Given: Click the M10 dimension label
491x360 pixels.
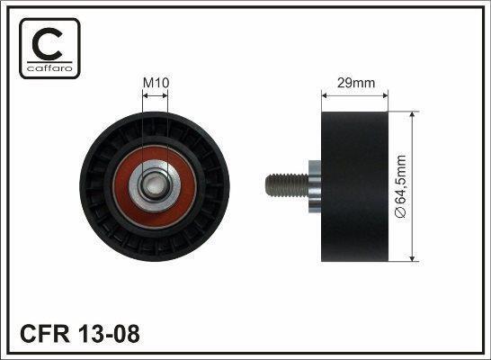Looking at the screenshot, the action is pos(156,83).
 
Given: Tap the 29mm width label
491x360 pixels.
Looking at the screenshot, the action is pos(356,83).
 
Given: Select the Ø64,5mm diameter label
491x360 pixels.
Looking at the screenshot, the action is pos(401,186).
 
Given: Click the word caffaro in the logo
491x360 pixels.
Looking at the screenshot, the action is pos(49,68).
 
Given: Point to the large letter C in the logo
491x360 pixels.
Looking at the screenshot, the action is pos(48,43).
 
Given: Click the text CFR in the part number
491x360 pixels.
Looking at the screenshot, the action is pos(45,334).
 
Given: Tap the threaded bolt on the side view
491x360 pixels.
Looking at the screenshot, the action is pos(287,186).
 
